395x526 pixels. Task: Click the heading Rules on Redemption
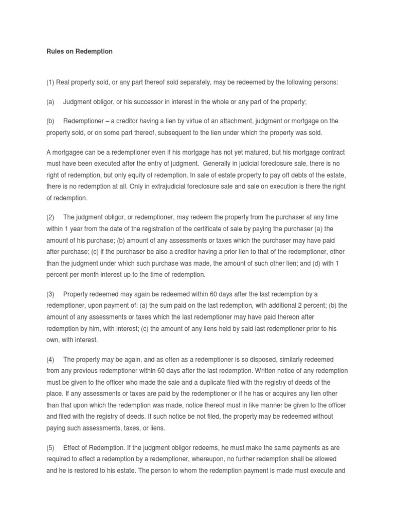point(76,52)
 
